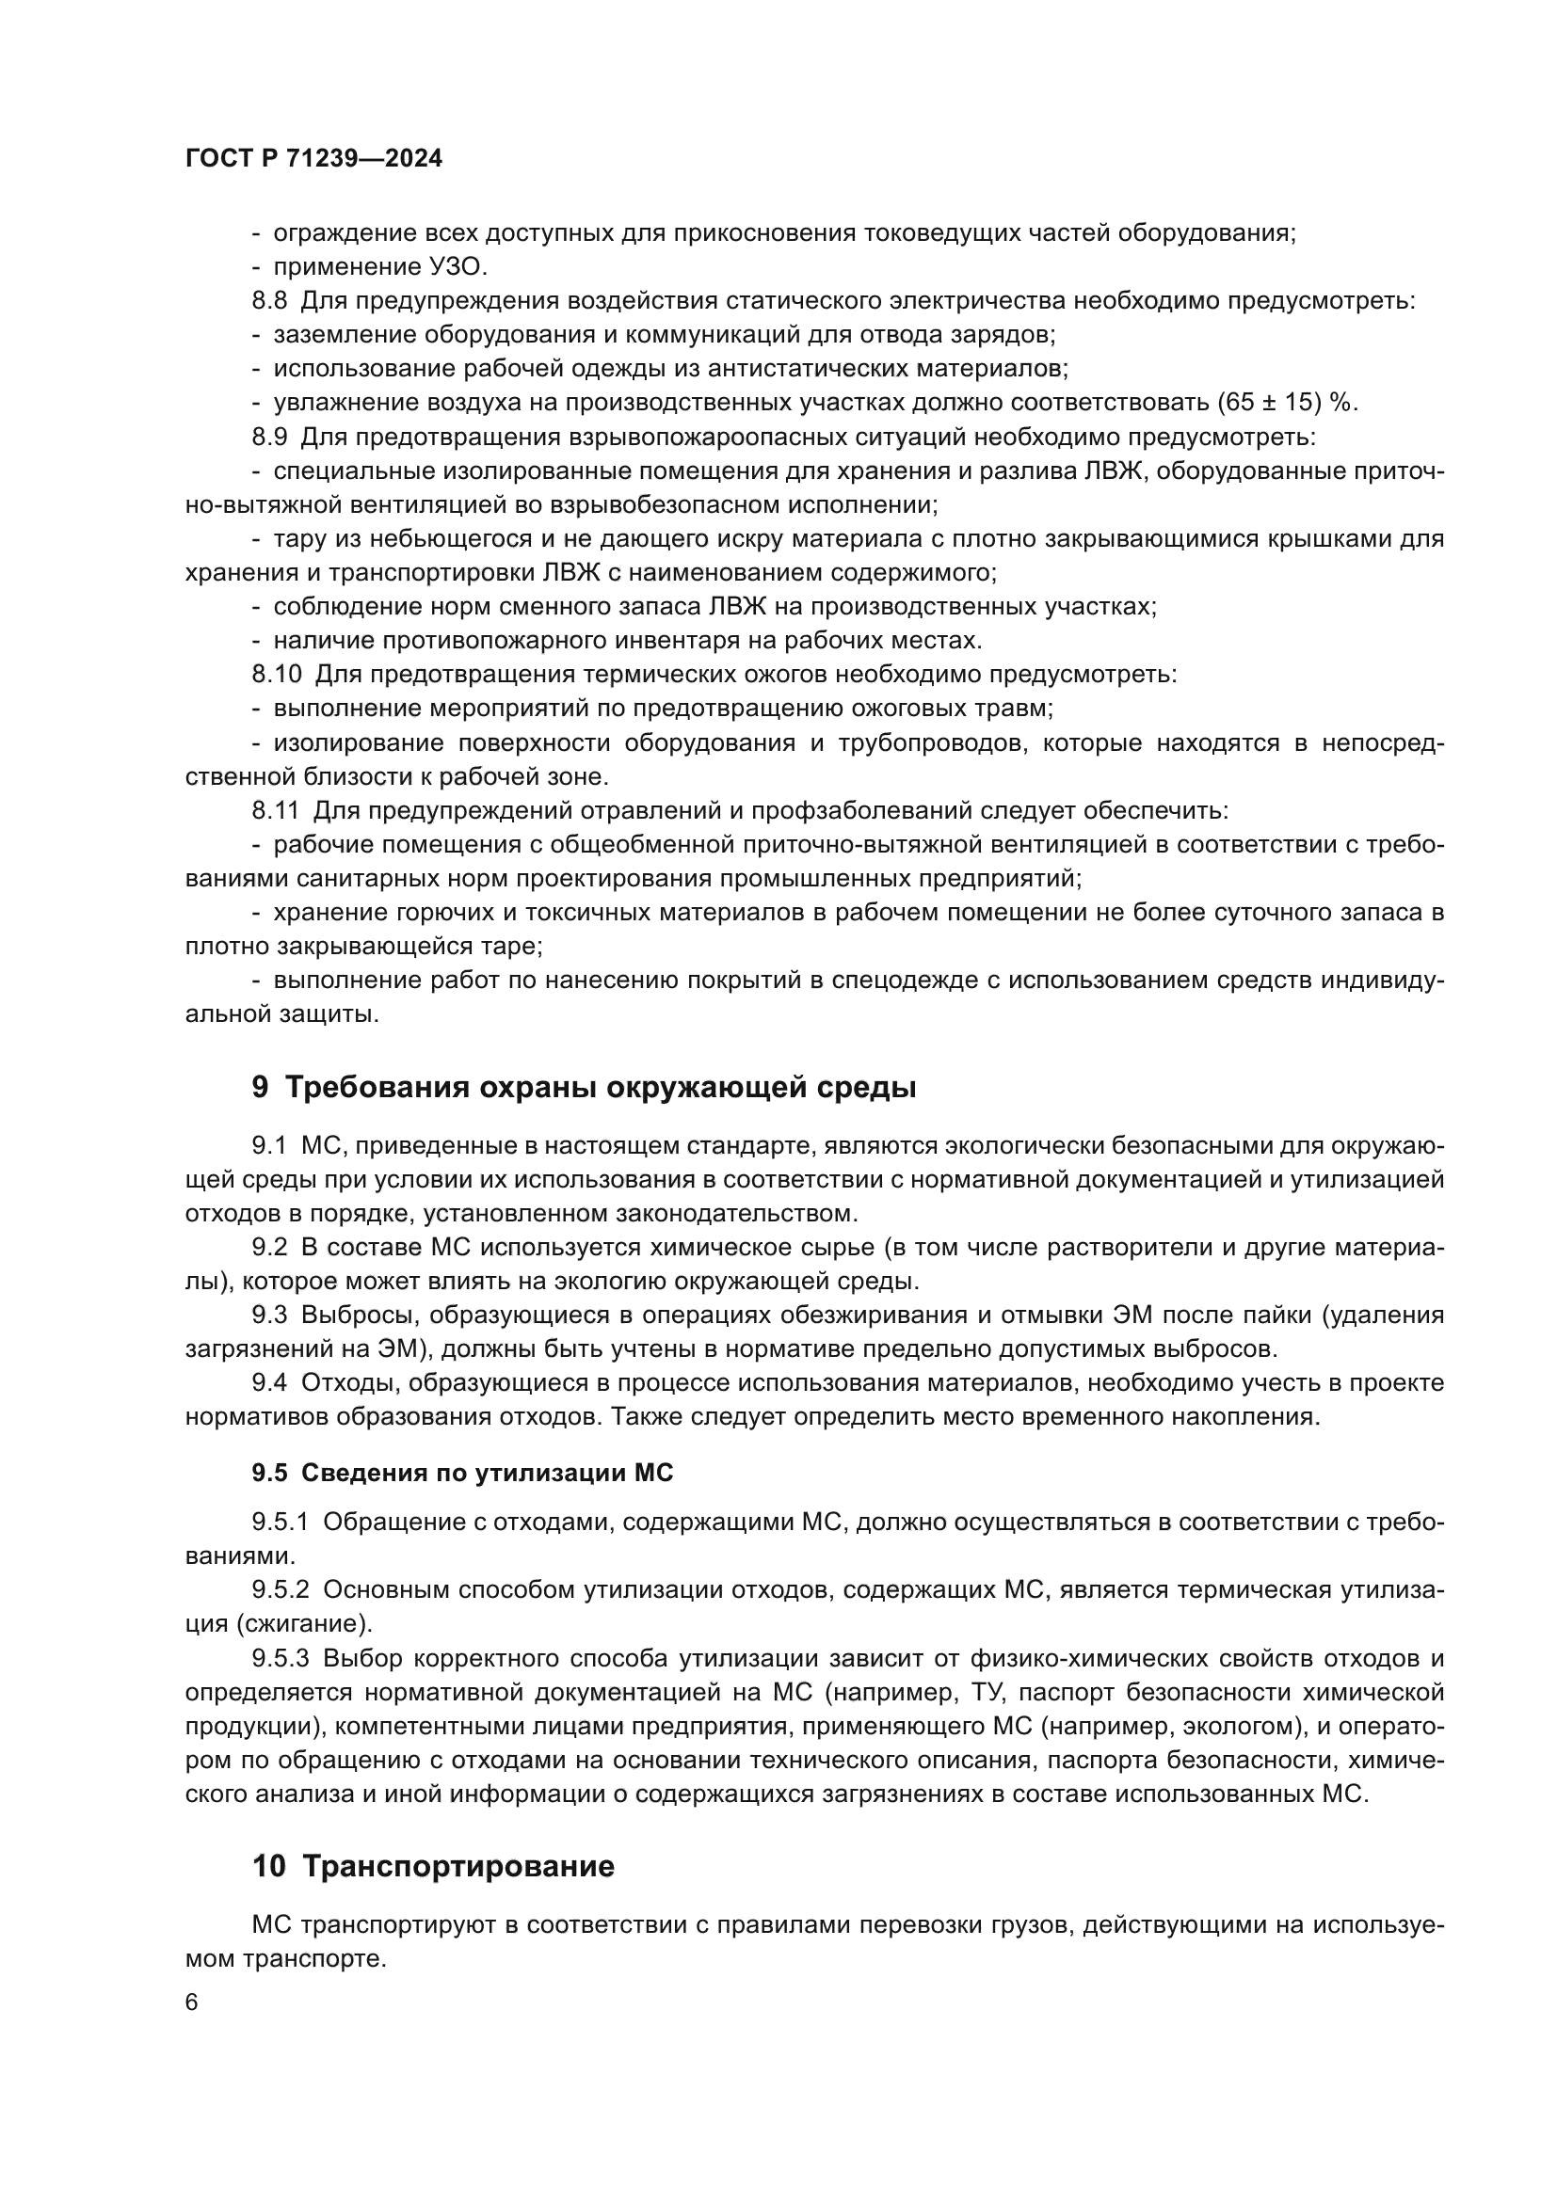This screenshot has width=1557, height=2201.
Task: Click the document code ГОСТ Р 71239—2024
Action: [x=313, y=159]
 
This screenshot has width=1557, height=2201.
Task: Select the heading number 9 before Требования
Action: [x=261, y=1088]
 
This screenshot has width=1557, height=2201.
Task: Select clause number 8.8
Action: [x=269, y=301]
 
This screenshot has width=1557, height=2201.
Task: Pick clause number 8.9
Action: [x=269, y=438]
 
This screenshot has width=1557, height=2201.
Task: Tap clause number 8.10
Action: [x=276, y=674]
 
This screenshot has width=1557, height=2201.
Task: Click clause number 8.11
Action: [x=275, y=810]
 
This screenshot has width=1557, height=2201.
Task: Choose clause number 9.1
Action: [x=269, y=1145]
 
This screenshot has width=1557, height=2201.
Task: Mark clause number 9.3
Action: [x=269, y=1316]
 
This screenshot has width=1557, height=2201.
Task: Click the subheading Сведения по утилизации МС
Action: [x=487, y=1474]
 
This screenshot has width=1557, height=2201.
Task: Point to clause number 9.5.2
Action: [x=281, y=1589]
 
